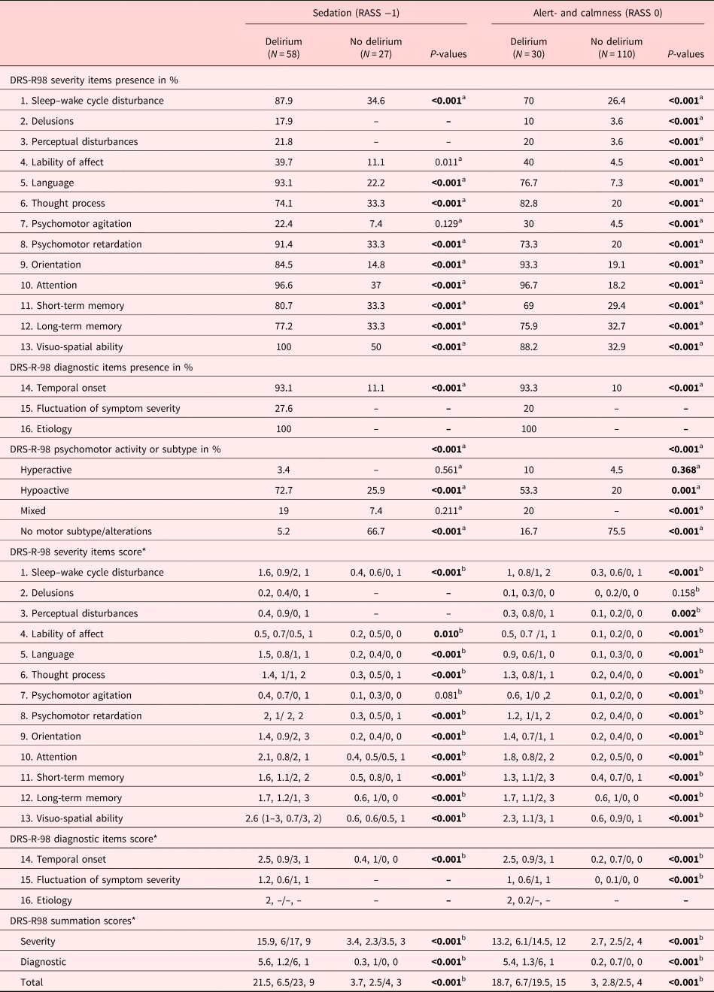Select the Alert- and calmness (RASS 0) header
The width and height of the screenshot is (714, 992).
(x=598, y=14)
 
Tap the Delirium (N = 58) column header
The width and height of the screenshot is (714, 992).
(x=284, y=47)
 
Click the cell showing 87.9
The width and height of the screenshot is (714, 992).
(x=284, y=101)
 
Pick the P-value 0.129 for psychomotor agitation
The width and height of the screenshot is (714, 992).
(x=447, y=224)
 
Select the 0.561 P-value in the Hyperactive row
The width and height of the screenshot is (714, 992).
(x=447, y=470)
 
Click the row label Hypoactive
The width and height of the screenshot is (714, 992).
(x=44, y=490)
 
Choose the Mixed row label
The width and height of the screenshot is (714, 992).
(x=33, y=511)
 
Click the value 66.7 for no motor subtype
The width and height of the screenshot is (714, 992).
(x=375, y=531)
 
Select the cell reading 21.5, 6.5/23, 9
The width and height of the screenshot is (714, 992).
(x=284, y=982)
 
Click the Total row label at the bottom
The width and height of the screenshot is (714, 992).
(x=32, y=982)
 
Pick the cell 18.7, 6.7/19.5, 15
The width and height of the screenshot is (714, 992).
(x=528, y=982)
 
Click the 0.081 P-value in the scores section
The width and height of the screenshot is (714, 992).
(x=447, y=695)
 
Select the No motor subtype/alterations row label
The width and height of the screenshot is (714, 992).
(x=86, y=531)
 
